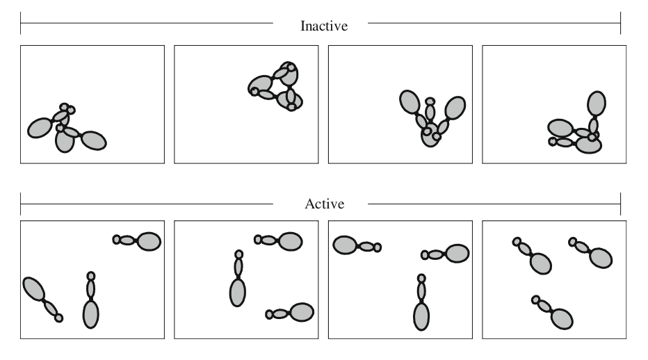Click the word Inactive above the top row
click(x=323, y=26)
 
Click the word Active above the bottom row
click(x=323, y=205)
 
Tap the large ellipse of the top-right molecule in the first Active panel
click(x=149, y=241)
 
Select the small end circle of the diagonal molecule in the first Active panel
click(x=59, y=318)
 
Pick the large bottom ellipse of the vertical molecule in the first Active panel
click(x=91, y=313)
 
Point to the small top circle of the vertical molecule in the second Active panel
click(x=239, y=254)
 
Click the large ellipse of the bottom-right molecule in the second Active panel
click(x=301, y=312)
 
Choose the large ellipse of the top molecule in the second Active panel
click(x=291, y=240)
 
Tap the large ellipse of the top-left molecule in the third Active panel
click(x=345, y=245)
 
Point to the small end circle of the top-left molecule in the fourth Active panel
click(x=517, y=242)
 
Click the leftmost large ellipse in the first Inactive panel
click(x=40, y=127)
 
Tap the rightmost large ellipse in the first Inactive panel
click(x=94, y=140)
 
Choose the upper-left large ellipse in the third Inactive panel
click(x=410, y=102)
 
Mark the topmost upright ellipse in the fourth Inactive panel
click(x=595, y=103)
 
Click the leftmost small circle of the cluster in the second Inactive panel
click(x=254, y=92)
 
